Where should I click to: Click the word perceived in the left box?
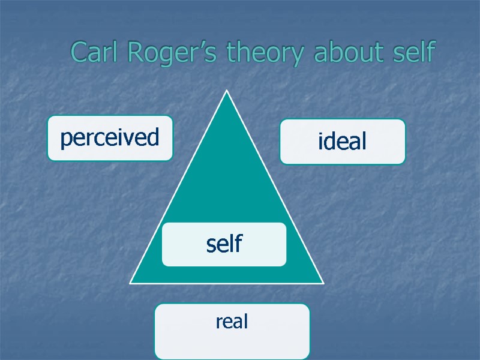(110, 139)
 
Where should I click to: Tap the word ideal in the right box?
(342, 142)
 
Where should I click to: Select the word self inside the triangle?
(224, 244)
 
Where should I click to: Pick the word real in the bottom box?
(232, 322)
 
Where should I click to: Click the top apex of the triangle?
(227, 91)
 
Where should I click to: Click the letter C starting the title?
(79, 53)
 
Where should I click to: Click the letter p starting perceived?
(65, 140)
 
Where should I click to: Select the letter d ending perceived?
(153, 137)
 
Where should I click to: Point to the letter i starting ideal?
(320, 141)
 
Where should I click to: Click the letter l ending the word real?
(246, 322)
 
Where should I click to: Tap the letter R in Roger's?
(136, 53)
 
